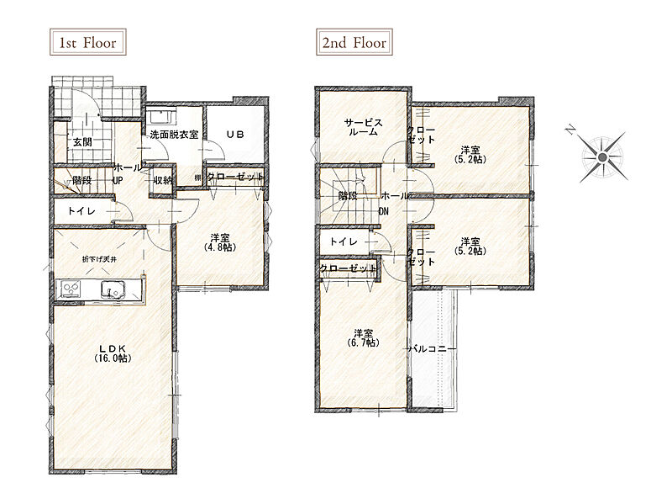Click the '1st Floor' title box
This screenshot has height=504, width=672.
point(88,42)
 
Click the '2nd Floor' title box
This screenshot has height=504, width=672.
point(354,42)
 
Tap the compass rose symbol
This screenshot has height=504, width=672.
point(602,157)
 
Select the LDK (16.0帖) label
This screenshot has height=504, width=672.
point(113,353)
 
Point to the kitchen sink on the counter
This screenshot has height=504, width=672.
point(113,289)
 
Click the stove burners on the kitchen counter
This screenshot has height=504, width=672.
point(71,288)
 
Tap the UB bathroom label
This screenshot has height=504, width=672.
point(235,135)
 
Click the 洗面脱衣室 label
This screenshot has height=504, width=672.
point(174,135)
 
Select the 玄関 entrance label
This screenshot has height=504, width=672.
point(82,141)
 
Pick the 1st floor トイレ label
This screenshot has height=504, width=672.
point(81,211)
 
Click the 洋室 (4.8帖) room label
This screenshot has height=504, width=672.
point(220,242)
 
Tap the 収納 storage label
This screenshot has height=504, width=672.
point(163,181)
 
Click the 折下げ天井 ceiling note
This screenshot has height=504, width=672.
point(99,259)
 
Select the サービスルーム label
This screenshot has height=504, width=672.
point(363,127)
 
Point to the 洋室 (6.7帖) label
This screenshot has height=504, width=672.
point(363,338)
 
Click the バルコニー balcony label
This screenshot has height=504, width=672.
point(432,349)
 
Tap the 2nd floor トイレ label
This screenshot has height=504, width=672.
point(344,241)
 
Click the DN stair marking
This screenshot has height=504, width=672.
point(384,211)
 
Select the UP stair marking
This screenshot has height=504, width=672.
point(118,181)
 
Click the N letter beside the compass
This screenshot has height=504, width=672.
point(570,130)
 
